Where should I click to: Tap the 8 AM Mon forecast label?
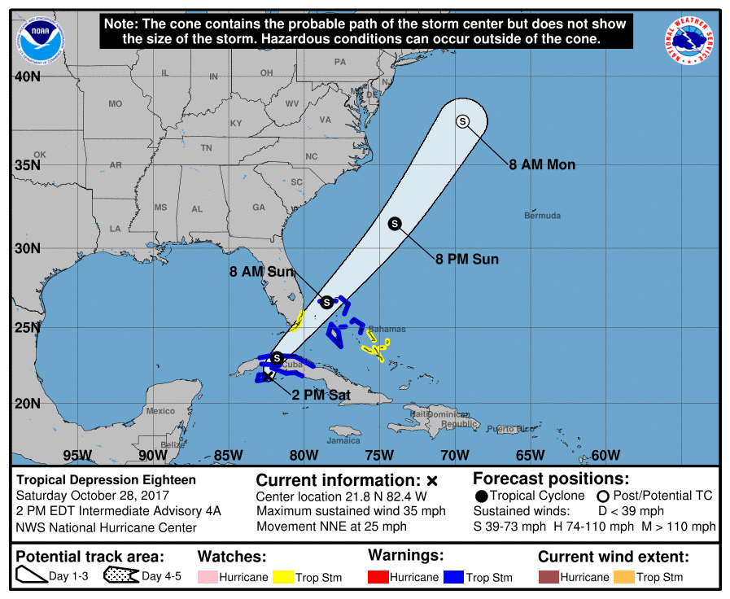pos(542,164)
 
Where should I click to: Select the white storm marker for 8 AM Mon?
pos(462,121)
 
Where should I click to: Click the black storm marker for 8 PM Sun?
pos(395,223)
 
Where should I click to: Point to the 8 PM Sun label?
pos(466,260)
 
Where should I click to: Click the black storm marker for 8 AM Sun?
pos(326,301)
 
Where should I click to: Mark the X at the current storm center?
pos(269,376)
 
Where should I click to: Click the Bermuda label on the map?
pos(543,216)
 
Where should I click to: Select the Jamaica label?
pos(344,441)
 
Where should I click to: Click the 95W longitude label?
pos(76,455)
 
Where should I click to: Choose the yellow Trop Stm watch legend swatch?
pos(282,577)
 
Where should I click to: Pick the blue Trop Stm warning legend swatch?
pos(453,577)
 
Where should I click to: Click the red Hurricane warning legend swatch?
pos(378,577)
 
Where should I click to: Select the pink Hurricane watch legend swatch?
pos(208,577)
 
